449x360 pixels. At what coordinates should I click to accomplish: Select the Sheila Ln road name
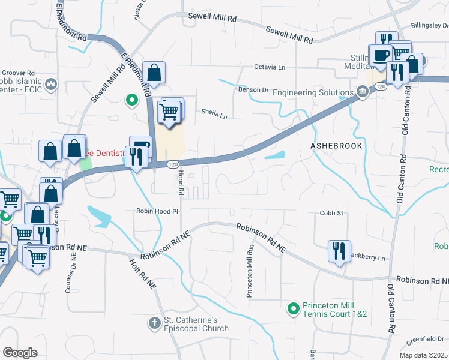coord(214,112)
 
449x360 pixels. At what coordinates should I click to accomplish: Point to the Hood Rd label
coord(181,182)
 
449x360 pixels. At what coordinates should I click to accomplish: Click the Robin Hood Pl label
coord(157,212)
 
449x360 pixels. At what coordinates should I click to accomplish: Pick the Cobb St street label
coord(331,213)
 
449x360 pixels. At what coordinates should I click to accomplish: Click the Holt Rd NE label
coord(142,272)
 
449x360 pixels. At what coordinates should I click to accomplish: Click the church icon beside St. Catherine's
coord(154,323)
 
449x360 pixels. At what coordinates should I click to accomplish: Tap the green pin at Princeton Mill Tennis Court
coord(293,309)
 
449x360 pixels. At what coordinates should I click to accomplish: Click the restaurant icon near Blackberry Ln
coord(337,250)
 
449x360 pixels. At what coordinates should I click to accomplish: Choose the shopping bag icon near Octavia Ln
coord(155,73)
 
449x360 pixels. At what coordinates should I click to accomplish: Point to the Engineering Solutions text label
coord(311,92)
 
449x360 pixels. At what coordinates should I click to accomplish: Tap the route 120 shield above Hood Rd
coord(172,164)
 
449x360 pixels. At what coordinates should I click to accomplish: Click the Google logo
coord(20,353)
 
